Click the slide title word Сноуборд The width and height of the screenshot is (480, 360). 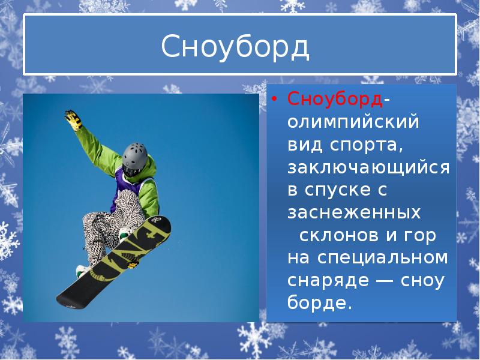click(235, 47)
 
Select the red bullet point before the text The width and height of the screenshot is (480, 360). click(274, 100)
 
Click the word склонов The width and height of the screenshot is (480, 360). click(338, 235)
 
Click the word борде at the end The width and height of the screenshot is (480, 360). click(318, 303)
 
